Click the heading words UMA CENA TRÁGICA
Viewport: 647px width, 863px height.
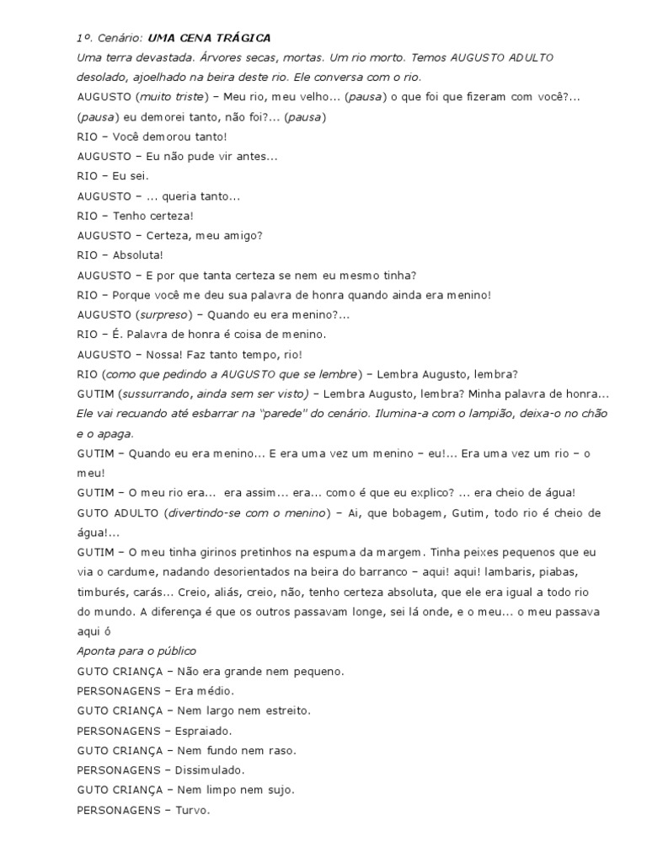pyautogui.click(x=209, y=38)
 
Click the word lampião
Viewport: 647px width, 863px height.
pyautogui.click(x=521, y=414)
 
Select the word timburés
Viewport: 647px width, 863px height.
pyautogui.click(x=104, y=592)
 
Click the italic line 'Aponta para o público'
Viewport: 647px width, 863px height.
pyautogui.click(x=136, y=651)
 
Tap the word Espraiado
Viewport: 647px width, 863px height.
pyautogui.click(x=203, y=732)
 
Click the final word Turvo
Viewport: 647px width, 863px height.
pyautogui.click(x=192, y=811)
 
